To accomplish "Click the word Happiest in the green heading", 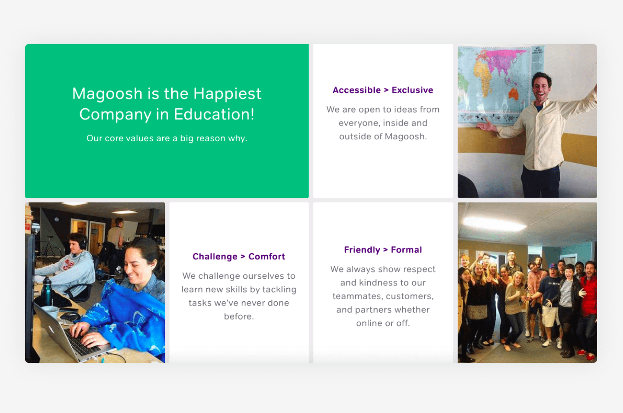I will click(227, 94).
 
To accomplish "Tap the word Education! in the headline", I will click(214, 114).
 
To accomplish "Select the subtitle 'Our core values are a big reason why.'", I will click(167, 139).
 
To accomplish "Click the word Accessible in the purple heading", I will click(356, 90).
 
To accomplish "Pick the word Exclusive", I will click(412, 90).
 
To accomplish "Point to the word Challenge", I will click(215, 257).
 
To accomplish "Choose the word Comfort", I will click(267, 257).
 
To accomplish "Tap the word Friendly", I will click(362, 250).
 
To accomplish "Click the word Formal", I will click(406, 250).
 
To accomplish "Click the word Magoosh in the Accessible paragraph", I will click(405, 137).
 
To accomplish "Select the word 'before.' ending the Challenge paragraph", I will click(239, 316).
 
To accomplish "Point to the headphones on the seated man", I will click(82, 242).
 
